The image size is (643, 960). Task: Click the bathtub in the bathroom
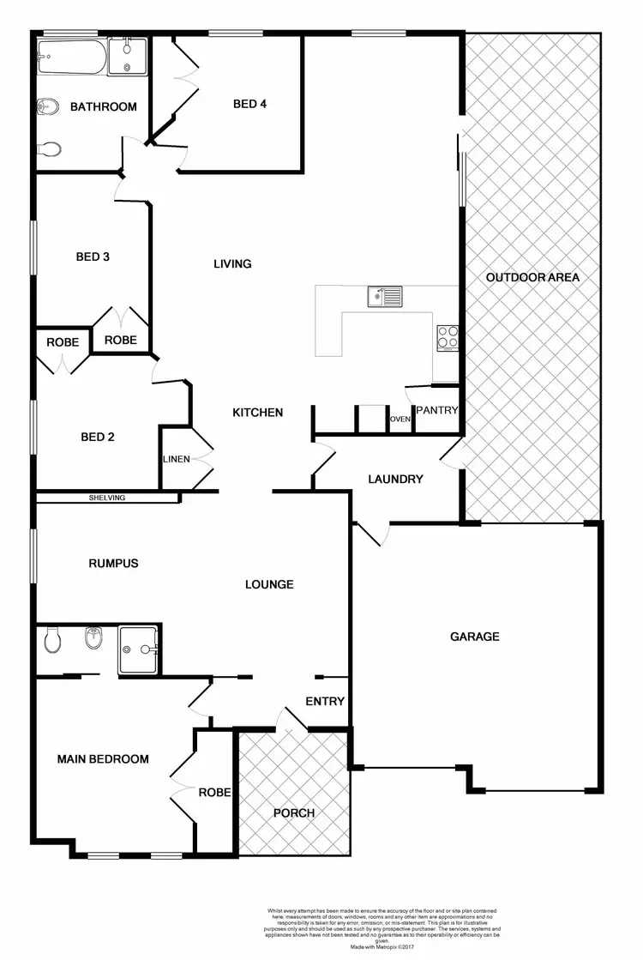[72, 57]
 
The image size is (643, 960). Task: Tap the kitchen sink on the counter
[384, 297]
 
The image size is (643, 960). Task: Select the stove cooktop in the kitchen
[448, 338]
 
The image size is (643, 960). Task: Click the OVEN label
[400, 419]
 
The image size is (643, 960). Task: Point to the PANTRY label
[437, 411]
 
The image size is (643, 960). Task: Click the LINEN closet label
[176, 459]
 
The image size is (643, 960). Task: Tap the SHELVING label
[107, 498]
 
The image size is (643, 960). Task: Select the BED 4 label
[250, 104]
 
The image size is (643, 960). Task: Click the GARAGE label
[475, 637]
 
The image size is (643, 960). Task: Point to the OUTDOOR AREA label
[532, 277]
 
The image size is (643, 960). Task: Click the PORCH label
[294, 812]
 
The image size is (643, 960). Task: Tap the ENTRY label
[325, 702]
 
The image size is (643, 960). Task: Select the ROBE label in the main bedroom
[214, 792]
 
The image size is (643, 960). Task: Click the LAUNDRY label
[395, 479]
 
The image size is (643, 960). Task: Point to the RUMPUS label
[113, 564]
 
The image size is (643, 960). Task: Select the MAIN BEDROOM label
[103, 759]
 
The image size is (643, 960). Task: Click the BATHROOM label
[103, 107]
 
